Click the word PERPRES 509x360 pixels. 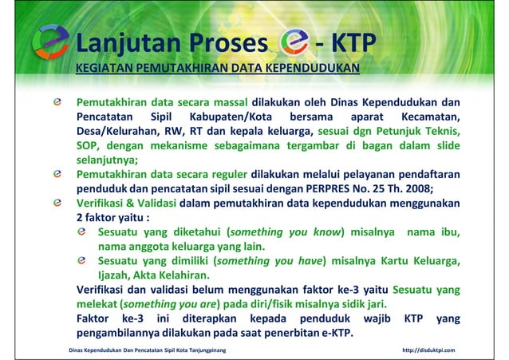coord(328,188)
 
